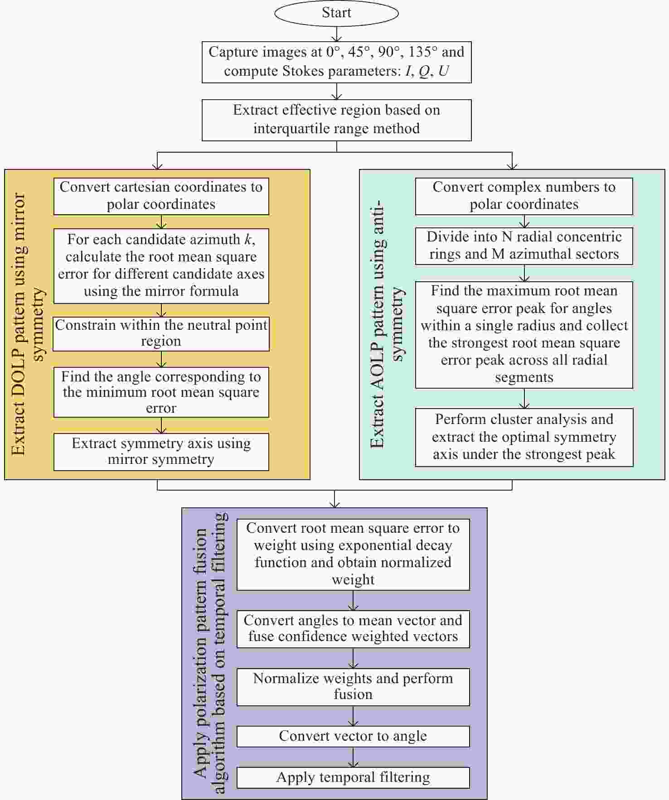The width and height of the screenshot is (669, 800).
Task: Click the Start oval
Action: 336,13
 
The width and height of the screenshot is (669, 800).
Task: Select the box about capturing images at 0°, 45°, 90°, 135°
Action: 336,62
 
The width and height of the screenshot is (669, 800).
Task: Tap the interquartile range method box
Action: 336,120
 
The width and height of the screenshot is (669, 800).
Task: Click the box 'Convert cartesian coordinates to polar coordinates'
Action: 161,196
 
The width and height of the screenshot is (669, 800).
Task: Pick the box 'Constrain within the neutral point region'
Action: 161,334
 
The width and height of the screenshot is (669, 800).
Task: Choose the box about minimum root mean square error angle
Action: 161,392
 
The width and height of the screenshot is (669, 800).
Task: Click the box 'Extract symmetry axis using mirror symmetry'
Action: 161,452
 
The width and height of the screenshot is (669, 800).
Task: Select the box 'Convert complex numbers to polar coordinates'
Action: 524,196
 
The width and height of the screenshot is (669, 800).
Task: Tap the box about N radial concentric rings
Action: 524,246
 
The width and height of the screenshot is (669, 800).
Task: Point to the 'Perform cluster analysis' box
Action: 524,437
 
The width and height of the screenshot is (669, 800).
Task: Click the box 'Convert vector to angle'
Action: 353,737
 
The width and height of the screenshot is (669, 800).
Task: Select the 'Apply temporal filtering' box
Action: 353,778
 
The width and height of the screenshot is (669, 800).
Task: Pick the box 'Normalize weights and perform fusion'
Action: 353,687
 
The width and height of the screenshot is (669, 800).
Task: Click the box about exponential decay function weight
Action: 353,554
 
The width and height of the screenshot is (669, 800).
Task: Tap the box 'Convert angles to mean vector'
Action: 353,629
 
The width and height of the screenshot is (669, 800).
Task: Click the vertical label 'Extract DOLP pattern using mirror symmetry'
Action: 29,324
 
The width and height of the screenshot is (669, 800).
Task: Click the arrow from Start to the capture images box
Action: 336,34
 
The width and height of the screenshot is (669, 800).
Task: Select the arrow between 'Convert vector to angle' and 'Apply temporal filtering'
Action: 353,757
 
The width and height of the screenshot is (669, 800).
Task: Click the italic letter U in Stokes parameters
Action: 443,71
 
